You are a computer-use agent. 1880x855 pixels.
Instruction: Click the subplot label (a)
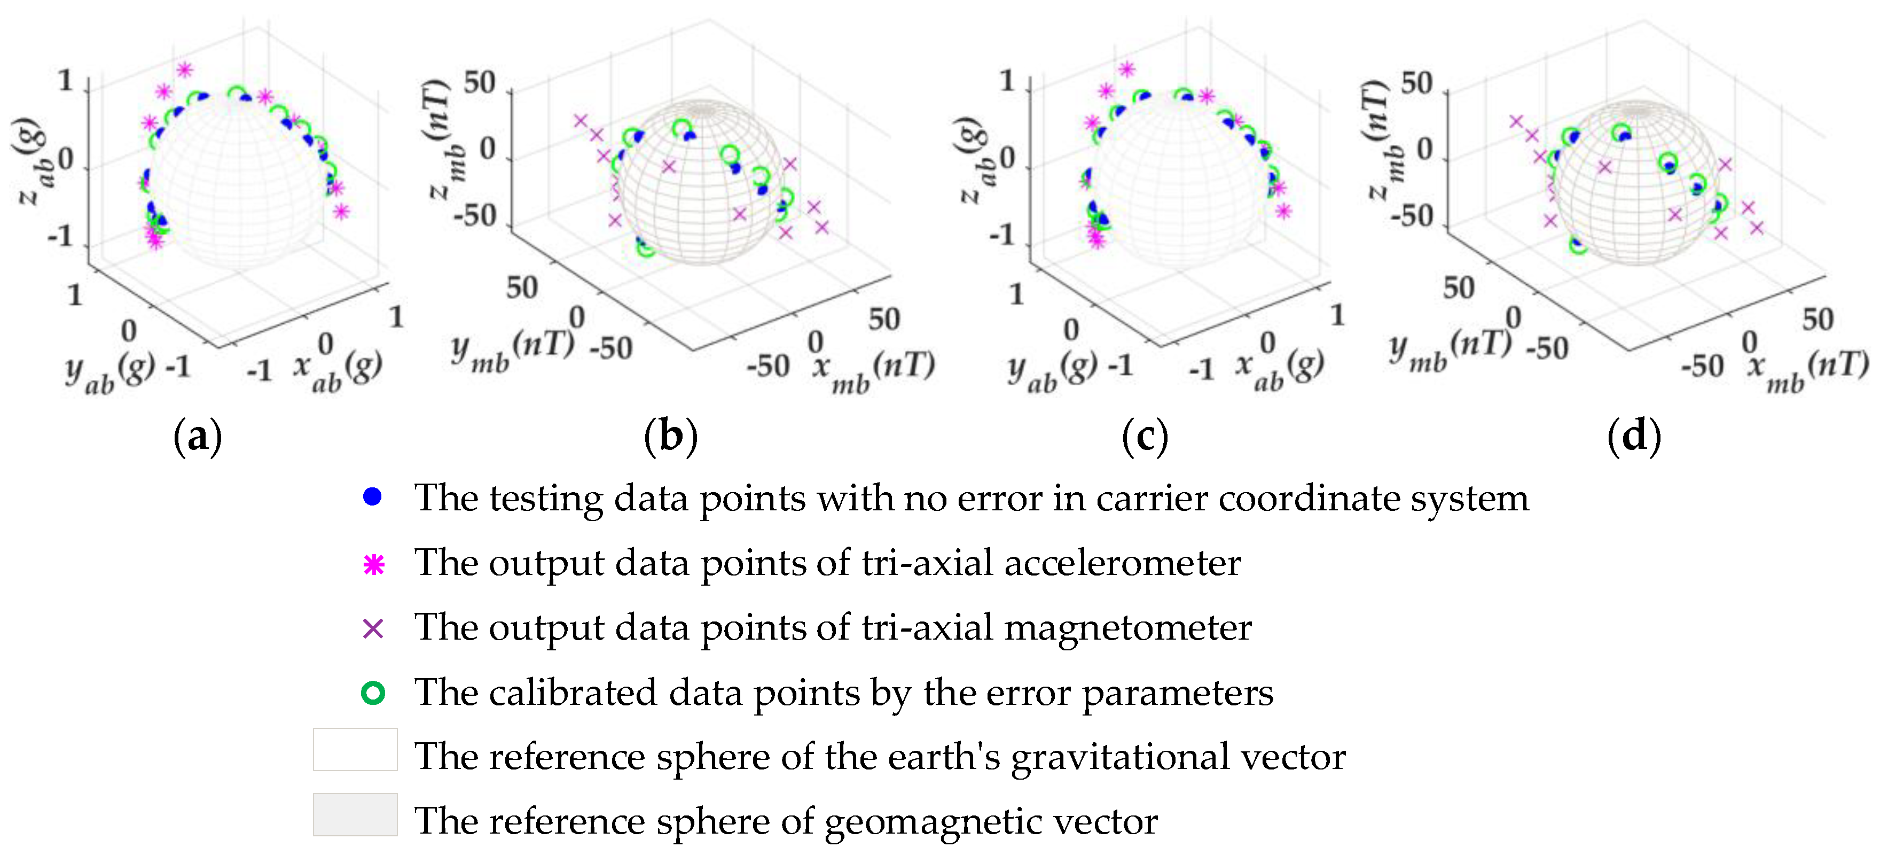pos(197,437)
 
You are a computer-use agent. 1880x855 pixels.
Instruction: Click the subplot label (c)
pos(1145,437)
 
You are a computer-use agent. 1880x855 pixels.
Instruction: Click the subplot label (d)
pos(1634,437)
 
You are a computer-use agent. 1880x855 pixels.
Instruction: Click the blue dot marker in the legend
pos(372,497)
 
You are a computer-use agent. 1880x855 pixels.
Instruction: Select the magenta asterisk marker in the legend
pos(374,564)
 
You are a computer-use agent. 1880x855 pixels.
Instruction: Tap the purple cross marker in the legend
pos(373,628)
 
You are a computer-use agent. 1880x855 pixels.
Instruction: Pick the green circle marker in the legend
pos(373,692)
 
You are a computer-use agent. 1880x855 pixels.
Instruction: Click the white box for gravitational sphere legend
pos(355,750)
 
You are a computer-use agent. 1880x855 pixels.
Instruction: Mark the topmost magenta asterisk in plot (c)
pos(1127,69)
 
